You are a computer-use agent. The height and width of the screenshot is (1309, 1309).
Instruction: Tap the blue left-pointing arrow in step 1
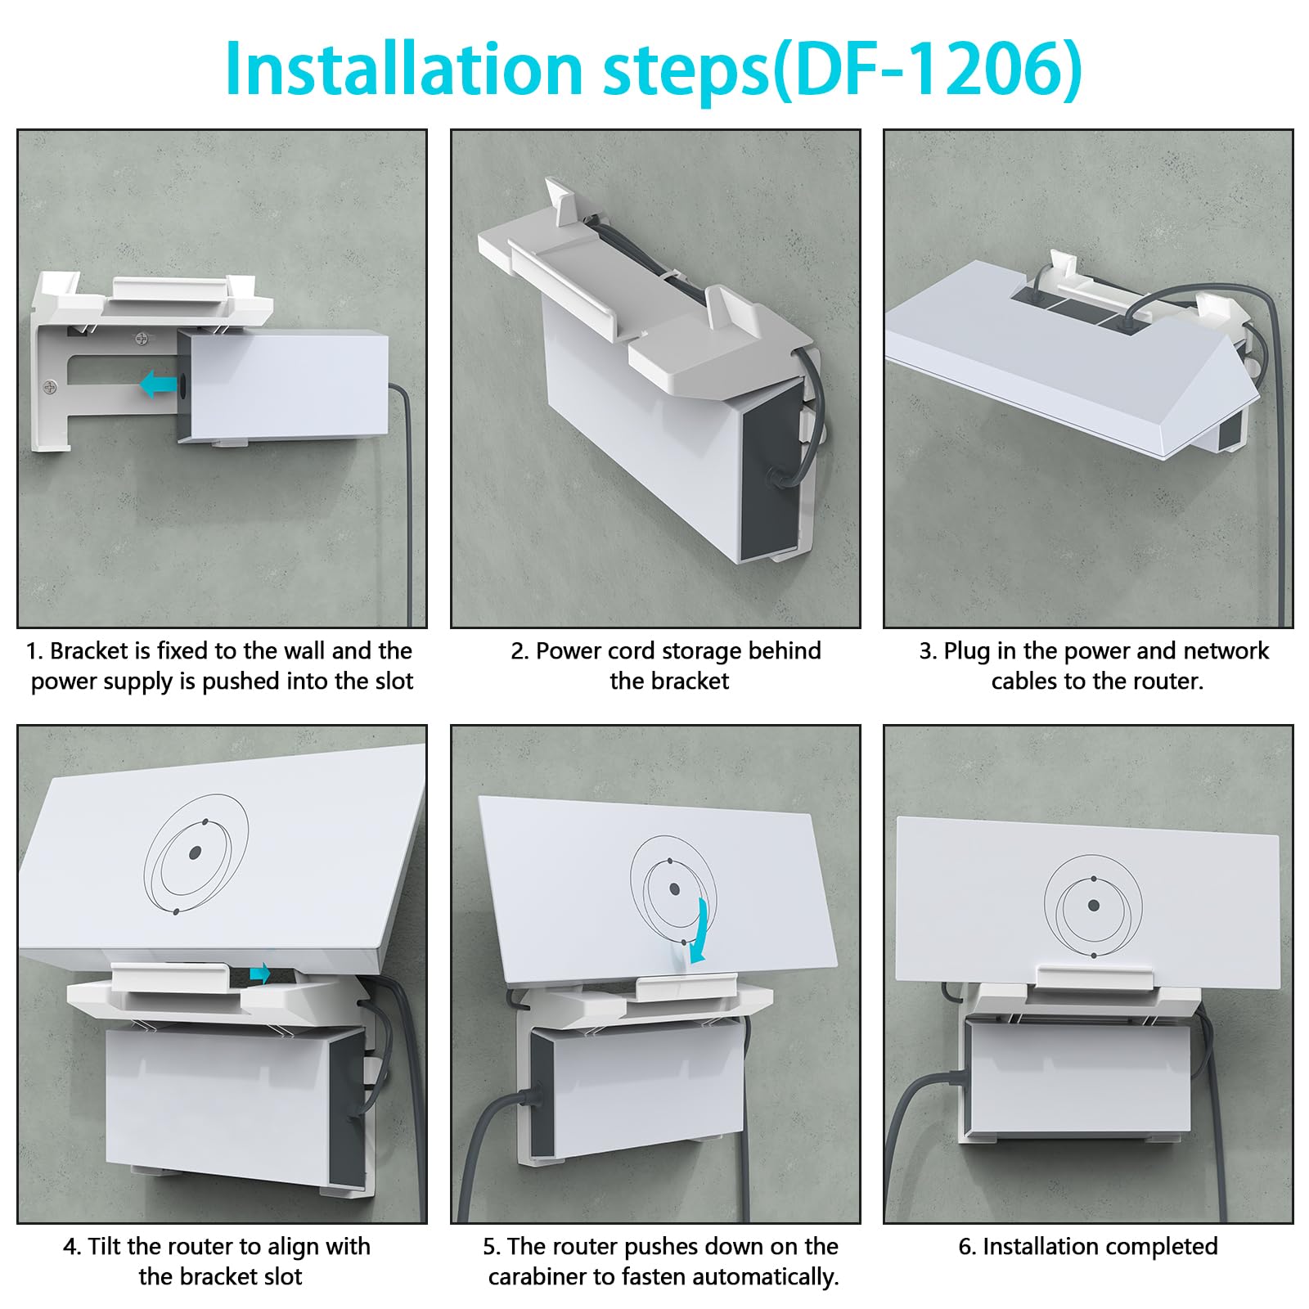(158, 384)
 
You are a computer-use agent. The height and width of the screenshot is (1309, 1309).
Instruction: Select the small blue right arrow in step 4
(259, 973)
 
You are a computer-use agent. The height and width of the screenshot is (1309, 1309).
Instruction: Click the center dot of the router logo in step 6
(1093, 906)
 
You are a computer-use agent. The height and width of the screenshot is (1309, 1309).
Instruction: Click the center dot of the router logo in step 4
(195, 853)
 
